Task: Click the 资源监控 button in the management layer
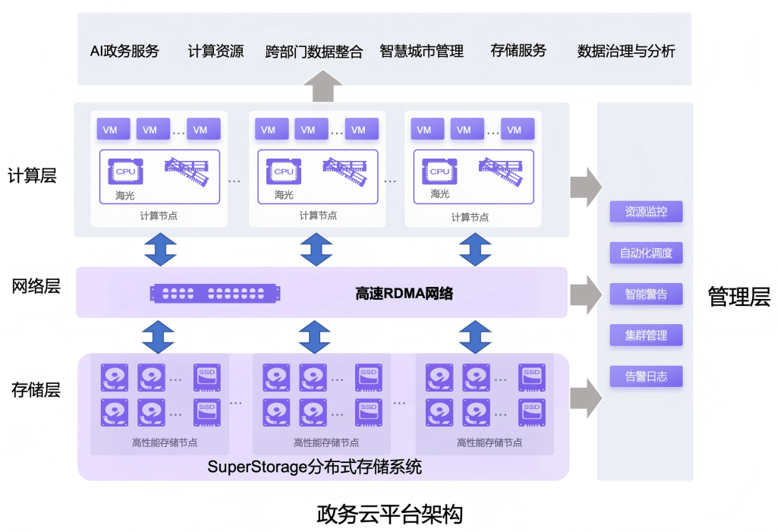[646, 212]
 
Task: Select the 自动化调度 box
[646, 253]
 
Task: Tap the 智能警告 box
[646, 294]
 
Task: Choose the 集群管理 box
[646, 335]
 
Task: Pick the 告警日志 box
[646, 376]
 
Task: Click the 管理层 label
[738, 297]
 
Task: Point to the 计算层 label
[33, 175]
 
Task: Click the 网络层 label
[35, 287]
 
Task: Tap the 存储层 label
[35, 390]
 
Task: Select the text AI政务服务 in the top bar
[124, 51]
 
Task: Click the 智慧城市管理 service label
[421, 52]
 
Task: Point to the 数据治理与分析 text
[626, 52]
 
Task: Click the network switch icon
[215, 293]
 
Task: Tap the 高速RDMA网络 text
[404, 293]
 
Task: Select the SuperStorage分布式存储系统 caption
[314, 467]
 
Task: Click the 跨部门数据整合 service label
[314, 52]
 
